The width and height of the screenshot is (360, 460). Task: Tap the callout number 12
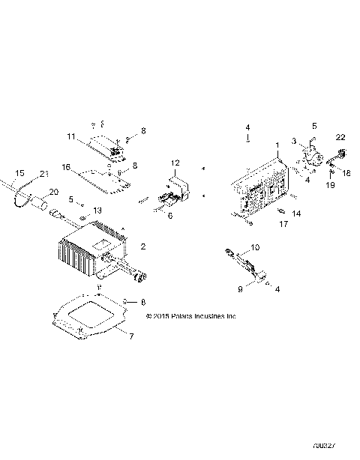coord(175,163)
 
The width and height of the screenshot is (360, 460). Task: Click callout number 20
coord(53,192)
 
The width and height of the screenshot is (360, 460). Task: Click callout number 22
coord(340,136)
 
